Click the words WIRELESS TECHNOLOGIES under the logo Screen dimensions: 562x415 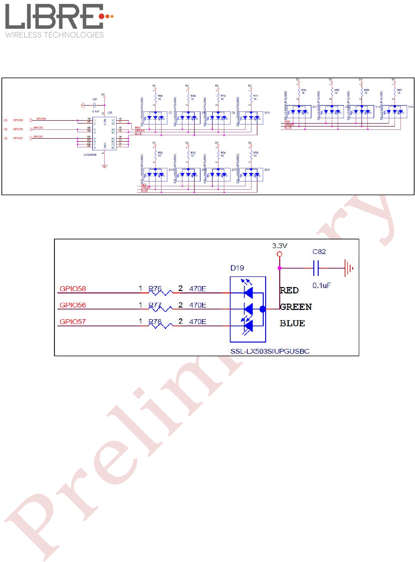54,35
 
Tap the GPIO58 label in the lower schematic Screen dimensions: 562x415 73,289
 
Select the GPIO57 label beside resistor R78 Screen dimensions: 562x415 73,322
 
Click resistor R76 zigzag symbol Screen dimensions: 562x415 161,292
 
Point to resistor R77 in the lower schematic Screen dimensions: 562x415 161,308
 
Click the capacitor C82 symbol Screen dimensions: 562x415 316,267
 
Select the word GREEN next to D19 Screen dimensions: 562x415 296,307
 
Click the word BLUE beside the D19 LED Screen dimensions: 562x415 292,323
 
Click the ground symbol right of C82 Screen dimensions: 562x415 348,267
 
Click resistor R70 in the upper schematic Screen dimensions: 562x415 218,99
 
